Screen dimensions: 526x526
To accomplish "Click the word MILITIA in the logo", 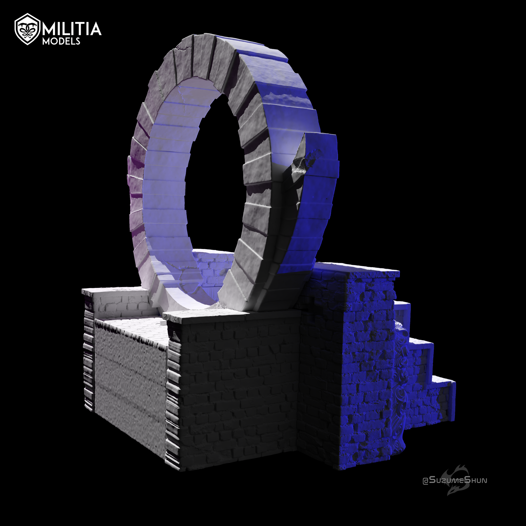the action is pos(72,29).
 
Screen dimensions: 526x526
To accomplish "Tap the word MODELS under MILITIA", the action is pos(61,41).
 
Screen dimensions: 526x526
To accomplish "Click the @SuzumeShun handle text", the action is pos(455,480).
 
